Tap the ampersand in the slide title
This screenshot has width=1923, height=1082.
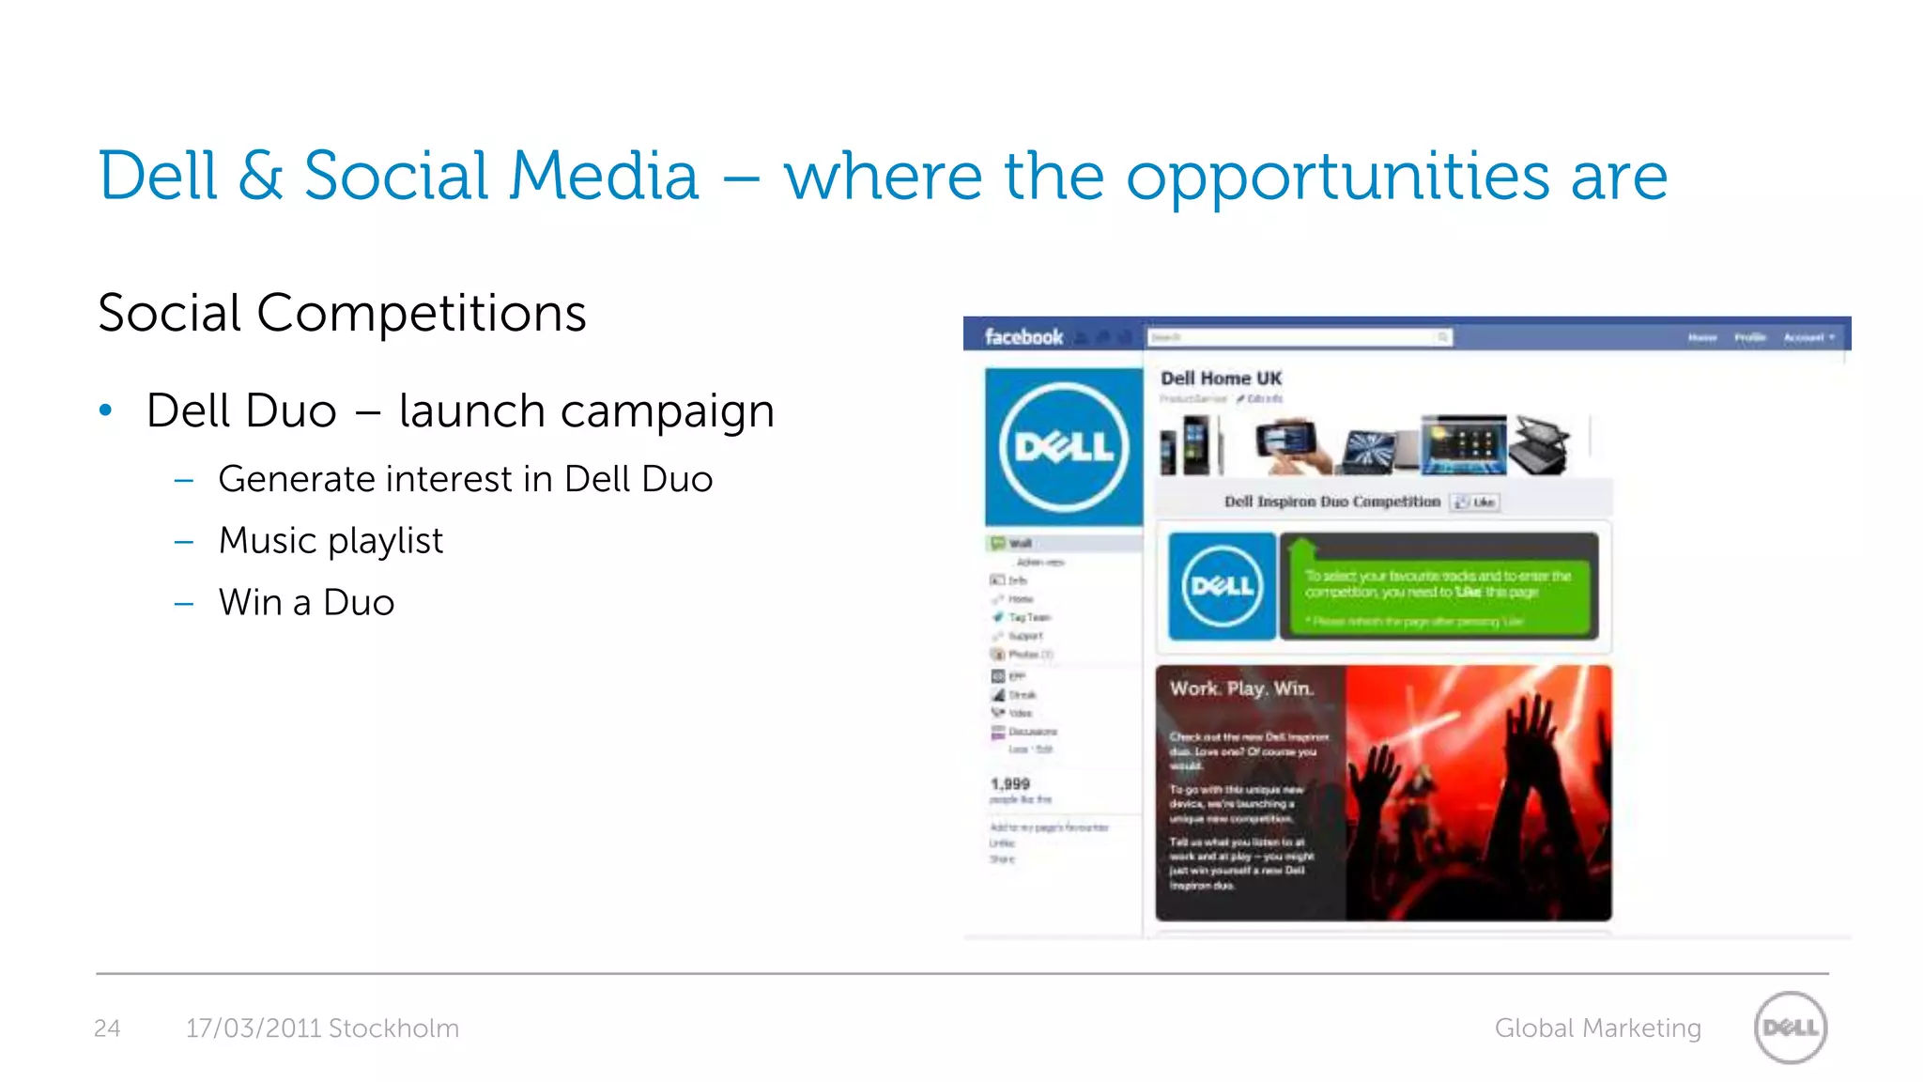(260, 176)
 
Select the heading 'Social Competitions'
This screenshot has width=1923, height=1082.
(342, 313)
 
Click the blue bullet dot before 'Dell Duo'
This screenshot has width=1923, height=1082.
(106, 410)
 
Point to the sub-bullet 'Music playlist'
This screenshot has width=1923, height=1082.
(331, 541)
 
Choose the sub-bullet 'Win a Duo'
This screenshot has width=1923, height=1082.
(306, 603)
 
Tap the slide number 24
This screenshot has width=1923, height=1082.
(107, 1028)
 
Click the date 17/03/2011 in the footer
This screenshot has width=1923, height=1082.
(254, 1028)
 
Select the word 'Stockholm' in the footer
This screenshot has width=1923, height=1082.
(393, 1028)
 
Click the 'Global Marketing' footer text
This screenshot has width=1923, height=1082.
(1597, 1028)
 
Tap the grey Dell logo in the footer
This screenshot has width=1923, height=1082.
(1791, 1028)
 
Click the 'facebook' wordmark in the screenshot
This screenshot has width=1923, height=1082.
(1023, 337)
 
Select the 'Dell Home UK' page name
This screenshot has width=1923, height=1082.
(1221, 379)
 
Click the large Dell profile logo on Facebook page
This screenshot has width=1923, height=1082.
(1064, 447)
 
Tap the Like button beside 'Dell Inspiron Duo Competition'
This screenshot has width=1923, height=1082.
(1475, 502)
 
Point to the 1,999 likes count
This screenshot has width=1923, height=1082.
(1010, 783)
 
